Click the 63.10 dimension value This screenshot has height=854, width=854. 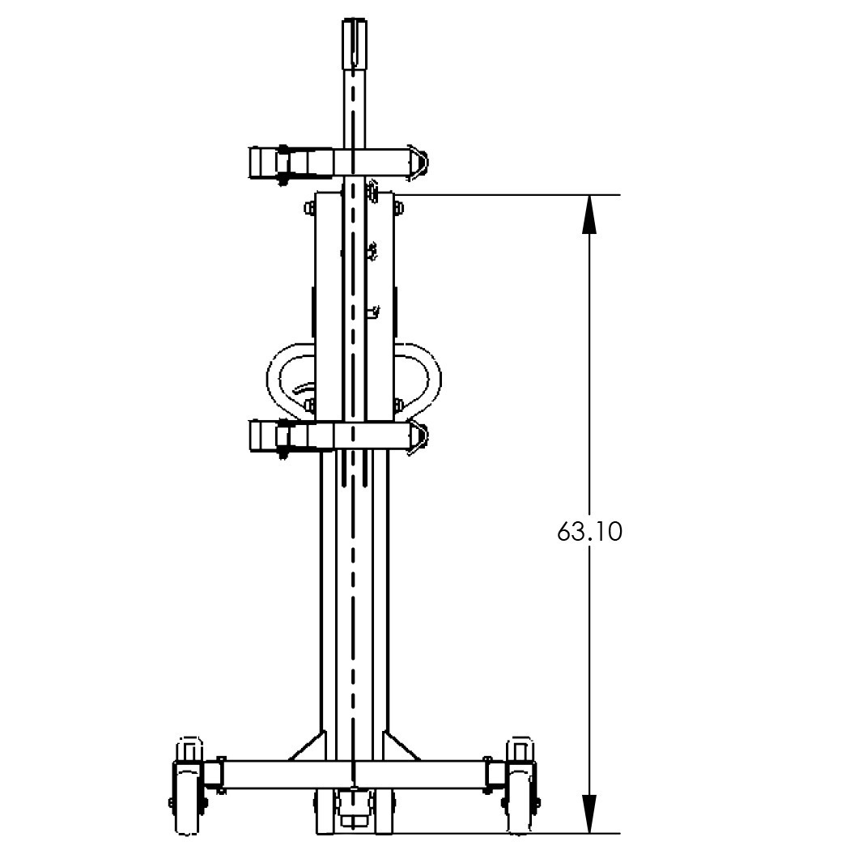589,533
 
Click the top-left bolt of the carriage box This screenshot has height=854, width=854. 309,210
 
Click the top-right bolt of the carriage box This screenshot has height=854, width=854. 398,210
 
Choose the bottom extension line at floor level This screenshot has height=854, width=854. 502,833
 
